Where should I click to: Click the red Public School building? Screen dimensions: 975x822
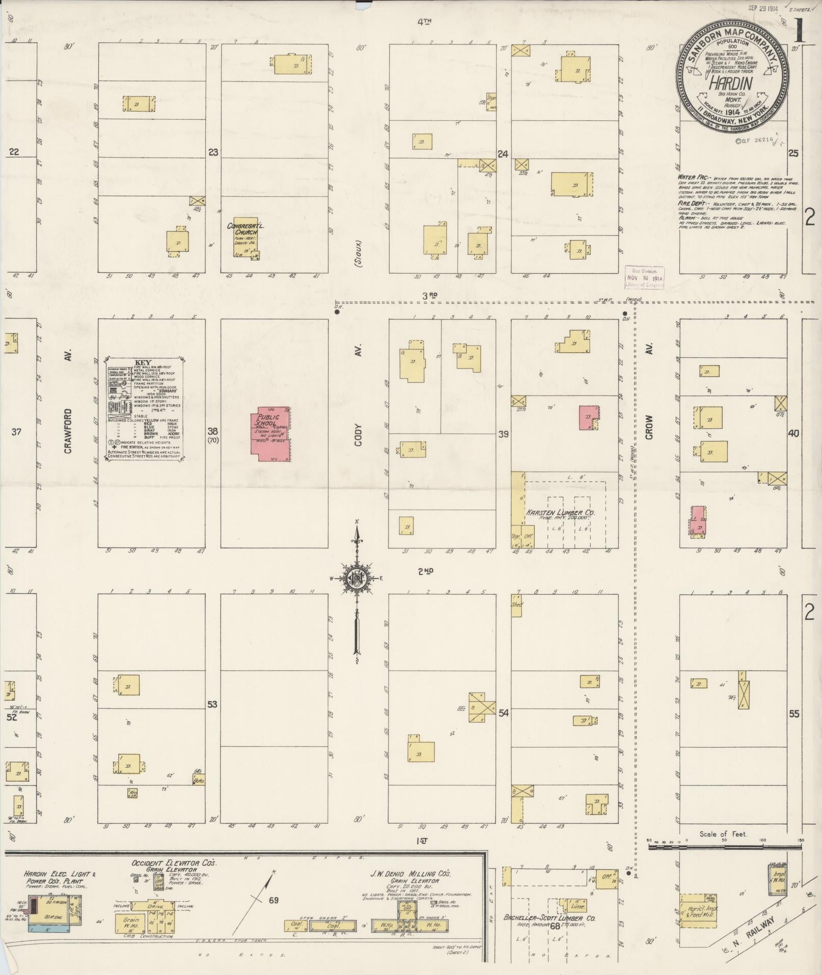[x=272, y=434]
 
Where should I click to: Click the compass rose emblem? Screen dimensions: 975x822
[x=357, y=578]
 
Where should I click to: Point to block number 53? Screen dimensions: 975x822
[x=212, y=704]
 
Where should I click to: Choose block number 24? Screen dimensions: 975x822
[x=503, y=153]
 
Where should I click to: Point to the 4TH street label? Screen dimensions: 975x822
[x=424, y=21]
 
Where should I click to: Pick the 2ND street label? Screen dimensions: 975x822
[x=425, y=572]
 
